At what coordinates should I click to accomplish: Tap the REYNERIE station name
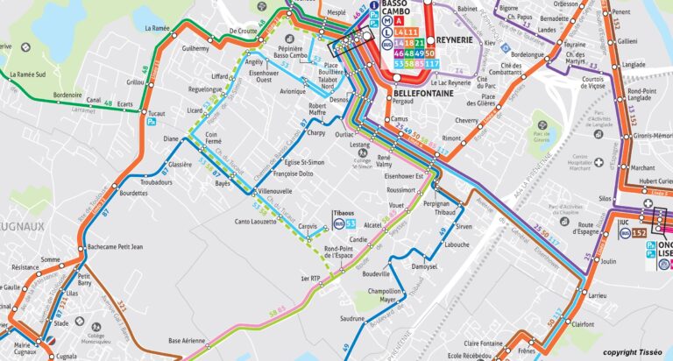tap(454, 41)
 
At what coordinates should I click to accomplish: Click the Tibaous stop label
tap(344, 213)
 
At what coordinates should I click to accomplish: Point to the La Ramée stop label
tap(158, 28)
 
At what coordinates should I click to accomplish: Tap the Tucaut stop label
tap(156, 114)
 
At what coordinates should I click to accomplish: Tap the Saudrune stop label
tap(352, 318)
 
